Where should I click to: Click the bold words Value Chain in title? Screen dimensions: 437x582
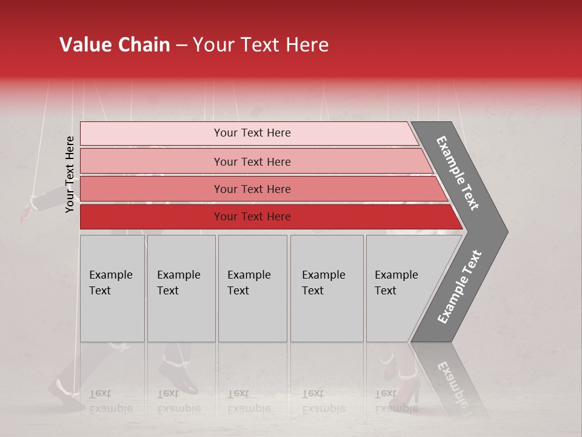115,45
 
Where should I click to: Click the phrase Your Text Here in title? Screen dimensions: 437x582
260,45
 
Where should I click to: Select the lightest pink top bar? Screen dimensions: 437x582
252,133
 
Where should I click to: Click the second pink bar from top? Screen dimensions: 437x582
252,161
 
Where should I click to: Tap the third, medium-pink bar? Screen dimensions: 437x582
252,189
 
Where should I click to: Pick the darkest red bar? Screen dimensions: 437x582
252,217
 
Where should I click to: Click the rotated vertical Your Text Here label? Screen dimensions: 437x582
70,174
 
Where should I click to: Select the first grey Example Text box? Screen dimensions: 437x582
112,288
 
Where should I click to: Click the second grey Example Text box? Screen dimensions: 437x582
181,288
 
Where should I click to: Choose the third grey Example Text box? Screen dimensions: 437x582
252,288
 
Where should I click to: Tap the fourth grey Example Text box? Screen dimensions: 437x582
326,288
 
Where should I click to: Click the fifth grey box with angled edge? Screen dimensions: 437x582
400,288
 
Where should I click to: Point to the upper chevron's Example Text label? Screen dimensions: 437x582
458,173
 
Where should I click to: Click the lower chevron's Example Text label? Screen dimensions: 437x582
460,286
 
